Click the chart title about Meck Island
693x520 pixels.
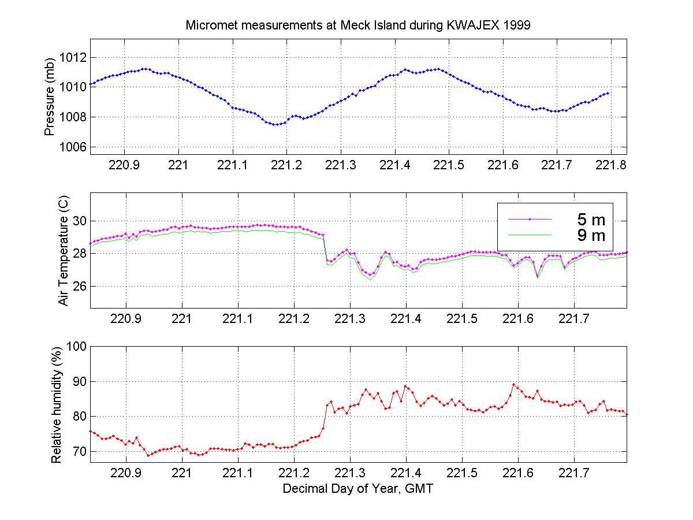(358, 26)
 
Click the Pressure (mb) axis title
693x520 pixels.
(50, 96)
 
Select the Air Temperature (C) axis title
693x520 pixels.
(64, 251)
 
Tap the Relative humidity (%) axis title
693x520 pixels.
(56, 404)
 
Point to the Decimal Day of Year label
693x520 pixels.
(358, 489)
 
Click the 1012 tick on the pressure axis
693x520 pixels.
(73, 57)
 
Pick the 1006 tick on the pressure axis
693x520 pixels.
(73, 147)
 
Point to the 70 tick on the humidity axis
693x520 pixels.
(79, 451)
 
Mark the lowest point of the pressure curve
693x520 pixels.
(277, 124)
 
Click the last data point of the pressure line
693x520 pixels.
(608, 93)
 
